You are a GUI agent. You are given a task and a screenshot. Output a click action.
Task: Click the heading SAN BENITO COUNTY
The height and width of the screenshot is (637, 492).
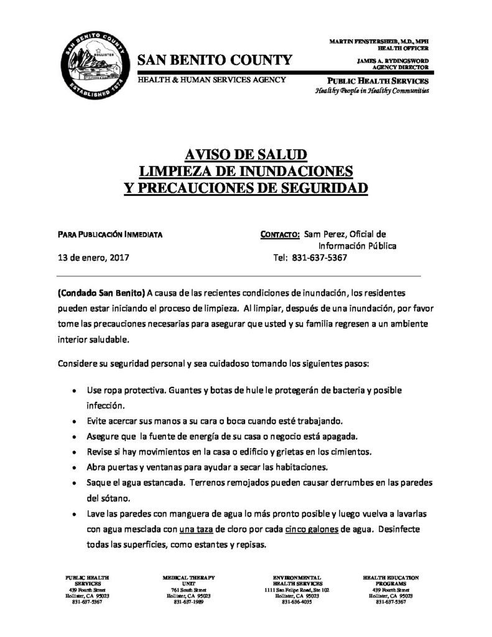point(214,60)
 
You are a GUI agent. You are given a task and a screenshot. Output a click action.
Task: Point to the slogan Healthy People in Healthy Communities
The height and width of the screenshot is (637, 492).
point(372,91)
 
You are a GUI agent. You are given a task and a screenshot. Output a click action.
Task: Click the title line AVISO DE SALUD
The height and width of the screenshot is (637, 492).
point(246,155)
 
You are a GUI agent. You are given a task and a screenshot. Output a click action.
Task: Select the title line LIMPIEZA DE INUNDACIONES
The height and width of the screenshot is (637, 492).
point(246,170)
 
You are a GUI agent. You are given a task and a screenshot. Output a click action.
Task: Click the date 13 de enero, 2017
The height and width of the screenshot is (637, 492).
point(93,257)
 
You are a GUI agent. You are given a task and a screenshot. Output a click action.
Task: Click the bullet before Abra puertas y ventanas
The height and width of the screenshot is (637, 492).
point(75,467)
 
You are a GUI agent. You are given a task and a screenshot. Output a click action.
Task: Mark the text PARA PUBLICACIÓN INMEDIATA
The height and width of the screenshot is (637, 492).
point(110,235)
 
